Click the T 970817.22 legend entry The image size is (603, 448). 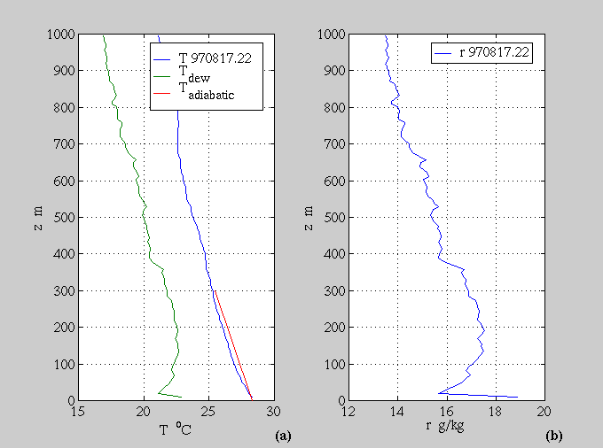[x=209, y=59]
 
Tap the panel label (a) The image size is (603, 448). [x=283, y=435]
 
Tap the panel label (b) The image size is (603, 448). [x=553, y=435]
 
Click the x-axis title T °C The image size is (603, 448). [x=176, y=429]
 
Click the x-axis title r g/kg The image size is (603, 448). [x=445, y=429]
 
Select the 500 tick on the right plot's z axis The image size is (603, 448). [x=333, y=217]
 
